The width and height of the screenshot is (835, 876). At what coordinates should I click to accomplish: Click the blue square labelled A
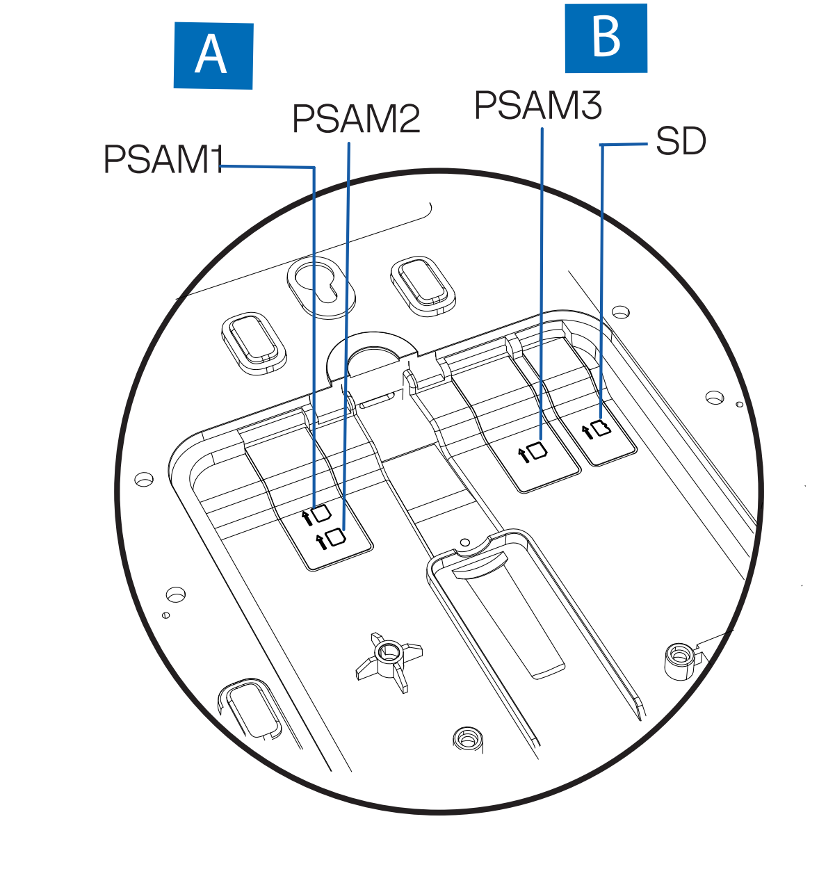pyautogui.click(x=213, y=56)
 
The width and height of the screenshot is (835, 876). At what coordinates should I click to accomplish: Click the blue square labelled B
pyautogui.click(x=606, y=38)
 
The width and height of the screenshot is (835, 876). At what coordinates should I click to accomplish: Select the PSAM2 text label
pyautogui.click(x=356, y=118)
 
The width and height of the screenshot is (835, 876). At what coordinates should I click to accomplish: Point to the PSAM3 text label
pyautogui.click(x=538, y=105)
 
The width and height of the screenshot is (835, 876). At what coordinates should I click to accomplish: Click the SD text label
pyautogui.click(x=681, y=141)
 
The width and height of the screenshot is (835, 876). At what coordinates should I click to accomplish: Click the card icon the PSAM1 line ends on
pyautogui.click(x=321, y=514)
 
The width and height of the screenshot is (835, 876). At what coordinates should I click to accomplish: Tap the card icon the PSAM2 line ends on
pyautogui.click(x=336, y=538)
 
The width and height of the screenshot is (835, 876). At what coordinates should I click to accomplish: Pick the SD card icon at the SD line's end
pyautogui.click(x=601, y=428)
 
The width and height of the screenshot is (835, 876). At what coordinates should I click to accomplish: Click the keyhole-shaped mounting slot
pyautogui.click(x=321, y=286)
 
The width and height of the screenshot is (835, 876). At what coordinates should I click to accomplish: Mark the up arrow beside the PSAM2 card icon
pyautogui.click(x=321, y=542)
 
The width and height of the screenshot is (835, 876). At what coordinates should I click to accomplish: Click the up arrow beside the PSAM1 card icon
pyautogui.click(x=307, y=519)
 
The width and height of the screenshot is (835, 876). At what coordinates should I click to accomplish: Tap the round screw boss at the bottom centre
pyautogui.click(x=467, y=740)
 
